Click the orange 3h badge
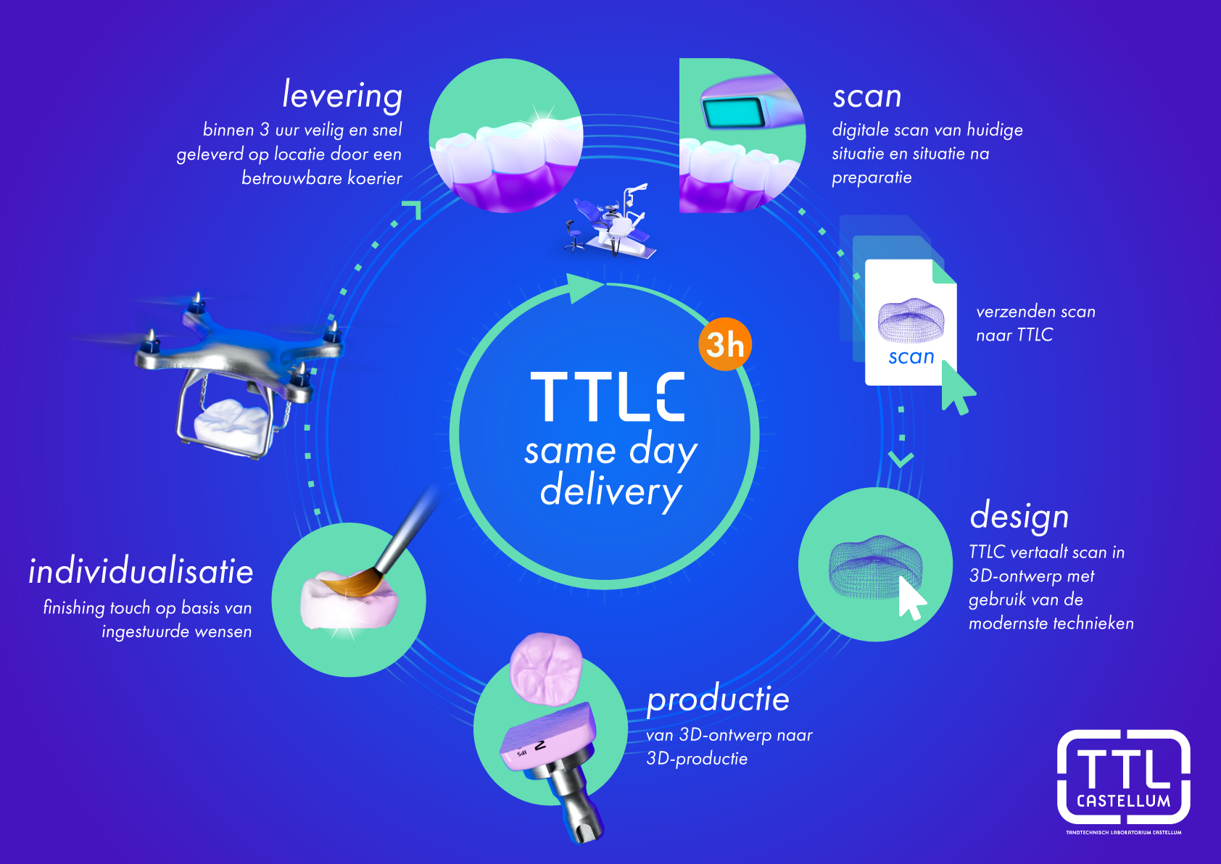[724, 344]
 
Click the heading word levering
[342, 95]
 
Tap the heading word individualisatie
[141, 571]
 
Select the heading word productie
[718, 699]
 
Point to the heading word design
[1019, 517]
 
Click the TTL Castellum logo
[1123, 779]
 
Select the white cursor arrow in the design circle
[911, 597]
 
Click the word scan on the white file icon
[911, 357]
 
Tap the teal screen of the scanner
[734, 114]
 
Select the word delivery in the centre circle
[610, 491]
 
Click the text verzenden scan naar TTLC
[1035, 323]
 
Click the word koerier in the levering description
[374, 178]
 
